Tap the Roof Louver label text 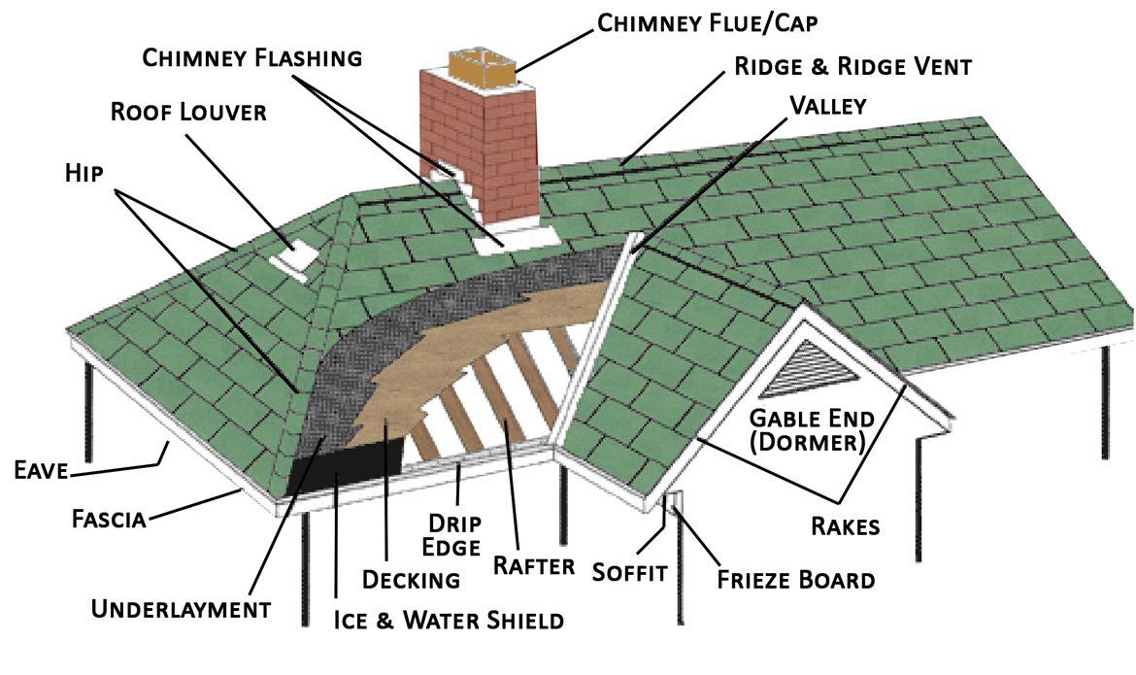pyautogui.click(x=187, y=111)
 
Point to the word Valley pyautogui.click(x=827, y=104)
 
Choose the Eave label pyautogui.click(x=40, y=472)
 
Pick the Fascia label pyautogui.click(x=109, y=519)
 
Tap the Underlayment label pyautogui.click(x=181, y=609)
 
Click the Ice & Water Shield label pyautogui.click(x=448, y=619)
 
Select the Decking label pyautogui.click(x=410, y=580)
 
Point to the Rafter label pyautogui.click(x=534, y=565)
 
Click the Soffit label pyautogui.click(x=630, y=572)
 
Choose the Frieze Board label pyautogui.click(x=796, y=580)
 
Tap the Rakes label pyautogui.click(x=845, y=526)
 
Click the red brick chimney pyautogui.click(x=482, y=146)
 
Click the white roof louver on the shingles pyautogui.click(x=295, y=255)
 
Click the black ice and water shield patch pyautogui.click(x=346, y=465)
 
